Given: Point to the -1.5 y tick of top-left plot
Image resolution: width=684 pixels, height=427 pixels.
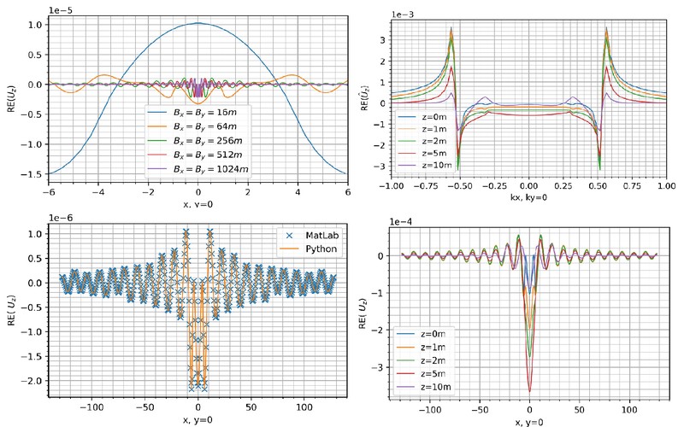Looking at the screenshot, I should (x=35, y=173).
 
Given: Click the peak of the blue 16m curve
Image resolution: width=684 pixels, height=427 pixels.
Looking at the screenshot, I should (x=198, y=23).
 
